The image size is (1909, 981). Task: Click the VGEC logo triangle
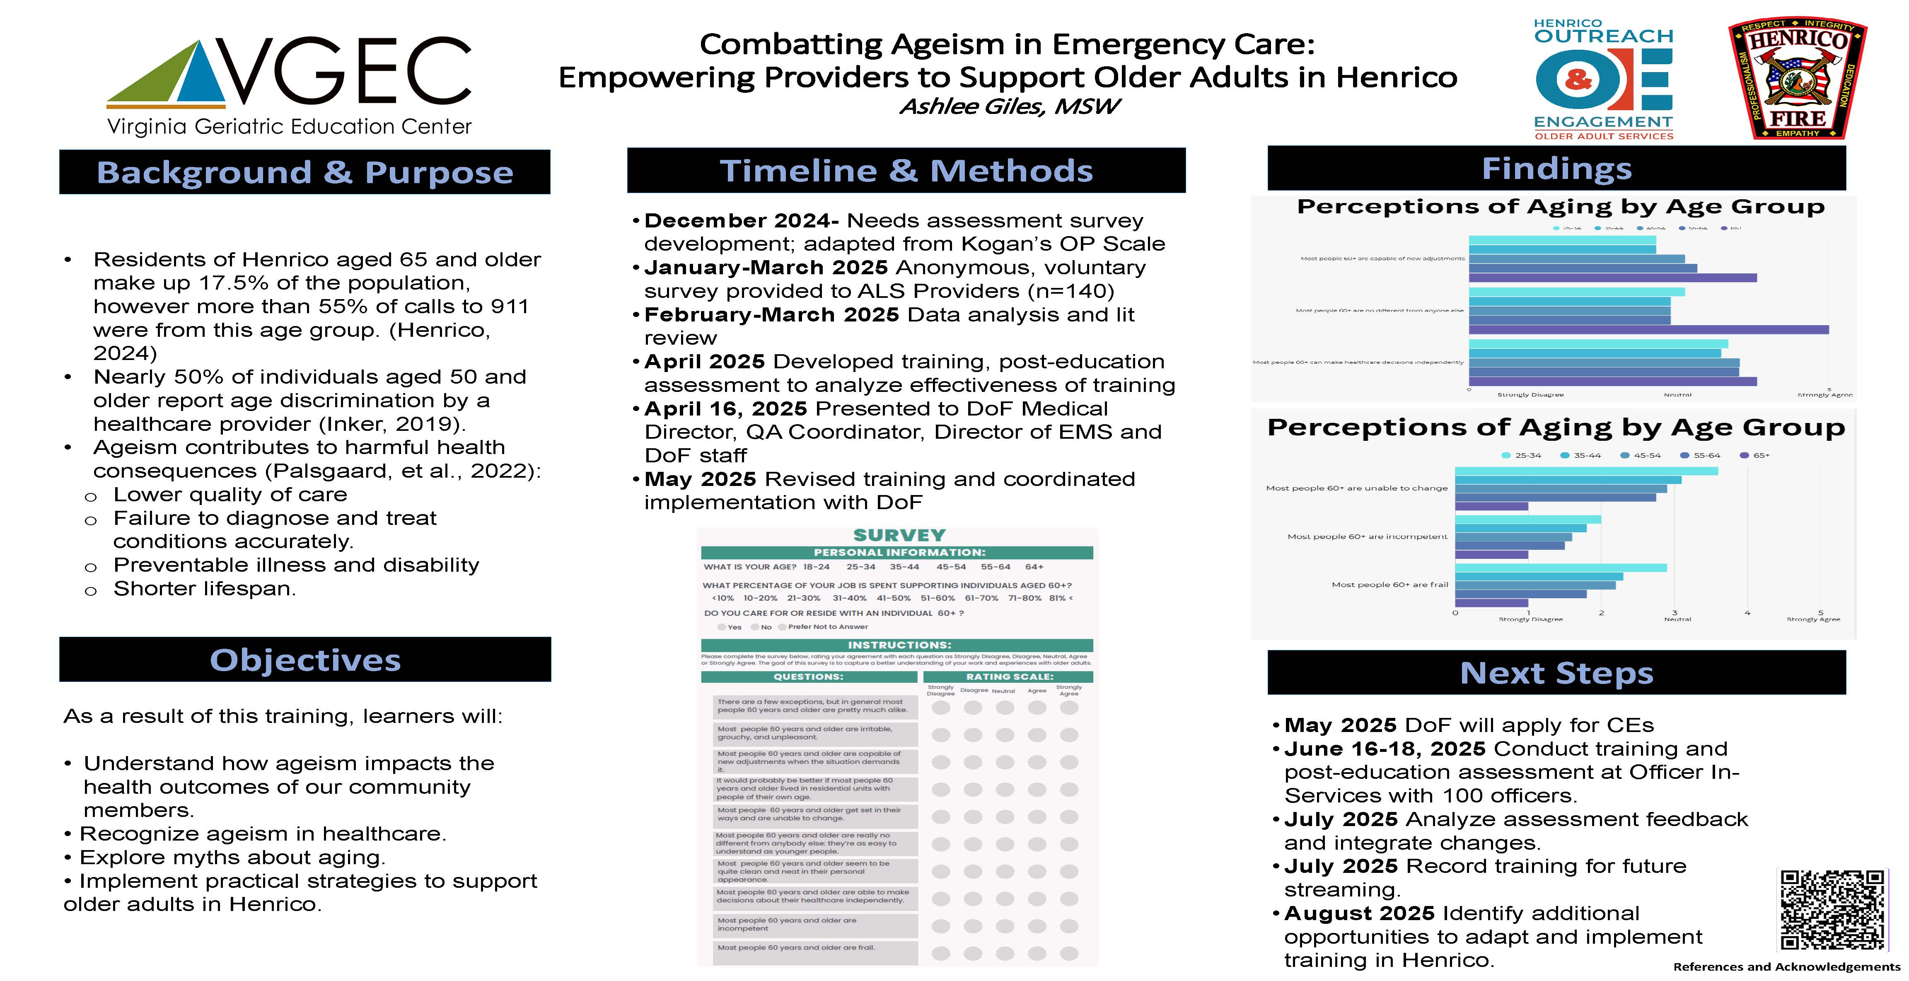point(167,74)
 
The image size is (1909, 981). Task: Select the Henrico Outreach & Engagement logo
point(1603,79)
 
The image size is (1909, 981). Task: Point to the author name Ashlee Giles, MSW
point(1009,107)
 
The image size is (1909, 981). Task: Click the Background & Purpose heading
point(304,172)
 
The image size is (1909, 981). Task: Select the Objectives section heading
point(304,660)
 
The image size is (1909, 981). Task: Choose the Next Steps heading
point(1556,673)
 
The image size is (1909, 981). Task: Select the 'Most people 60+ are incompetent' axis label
point(1367,536)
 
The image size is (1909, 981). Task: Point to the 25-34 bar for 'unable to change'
point(1586,471)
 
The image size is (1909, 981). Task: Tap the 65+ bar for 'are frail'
point(1491,603)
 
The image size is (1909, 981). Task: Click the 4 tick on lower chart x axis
point(1747,613)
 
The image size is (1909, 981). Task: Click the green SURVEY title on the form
point(899,535)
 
